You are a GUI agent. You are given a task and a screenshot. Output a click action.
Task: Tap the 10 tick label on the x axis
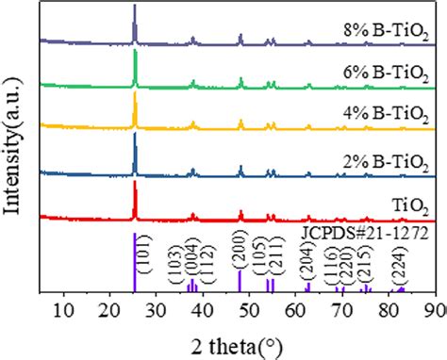pos(64,308)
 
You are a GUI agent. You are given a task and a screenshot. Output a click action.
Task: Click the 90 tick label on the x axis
pos(436,308)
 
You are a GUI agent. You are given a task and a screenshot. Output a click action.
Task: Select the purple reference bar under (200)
pos(240,283)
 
